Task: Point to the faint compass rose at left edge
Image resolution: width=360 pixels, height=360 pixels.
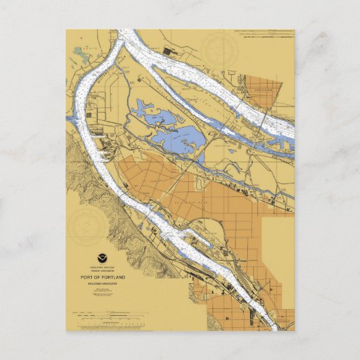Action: pyautogui.click(x=84, y=221)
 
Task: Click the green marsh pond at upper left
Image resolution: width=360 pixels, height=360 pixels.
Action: pyautogui.click(x=80, y=51)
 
